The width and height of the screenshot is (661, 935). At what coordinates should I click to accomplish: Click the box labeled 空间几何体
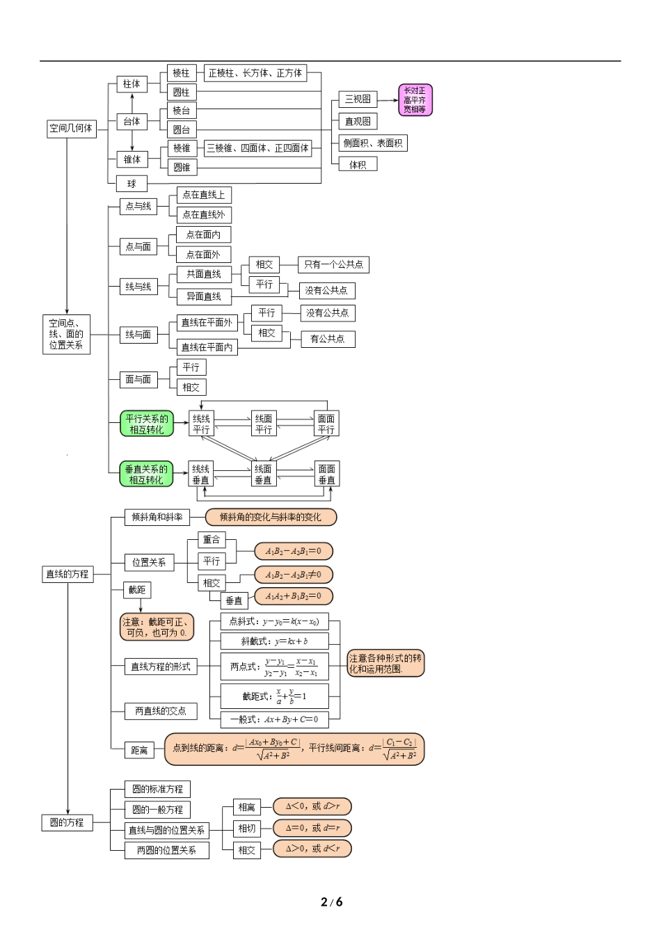pos(70,128)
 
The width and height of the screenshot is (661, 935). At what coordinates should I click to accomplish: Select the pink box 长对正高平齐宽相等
pos(415,100)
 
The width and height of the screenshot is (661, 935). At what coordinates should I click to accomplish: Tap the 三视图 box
pos(358,99)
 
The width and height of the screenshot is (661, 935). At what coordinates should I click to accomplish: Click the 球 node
pos(132,184)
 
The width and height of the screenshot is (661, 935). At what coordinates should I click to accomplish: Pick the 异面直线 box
pos(203,296)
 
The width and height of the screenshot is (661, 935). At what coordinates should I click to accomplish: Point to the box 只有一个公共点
pos(333,264)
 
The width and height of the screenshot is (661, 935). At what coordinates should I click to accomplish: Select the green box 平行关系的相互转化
pos(146,424)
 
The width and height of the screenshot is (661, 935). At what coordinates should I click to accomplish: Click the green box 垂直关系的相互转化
pos(146,474)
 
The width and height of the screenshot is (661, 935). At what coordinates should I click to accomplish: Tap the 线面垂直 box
pos(263,474)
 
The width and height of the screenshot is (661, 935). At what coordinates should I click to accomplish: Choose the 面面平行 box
pos(326,424)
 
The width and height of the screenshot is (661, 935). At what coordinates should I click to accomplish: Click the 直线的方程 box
pos(67,574)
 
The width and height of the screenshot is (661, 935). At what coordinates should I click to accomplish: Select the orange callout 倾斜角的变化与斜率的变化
pos(271,517)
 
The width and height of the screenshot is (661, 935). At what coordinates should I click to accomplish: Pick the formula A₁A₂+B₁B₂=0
pos(293,596)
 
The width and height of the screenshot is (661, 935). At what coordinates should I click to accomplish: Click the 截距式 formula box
pos(274,696)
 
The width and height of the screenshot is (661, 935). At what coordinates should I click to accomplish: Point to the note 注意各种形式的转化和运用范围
pos(385,664)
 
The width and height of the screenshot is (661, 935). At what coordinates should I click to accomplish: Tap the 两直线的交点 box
pos(160,711)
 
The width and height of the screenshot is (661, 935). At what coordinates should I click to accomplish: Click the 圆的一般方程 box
pos(157,810)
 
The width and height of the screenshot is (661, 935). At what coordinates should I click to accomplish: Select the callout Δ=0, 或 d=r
pos(312,828)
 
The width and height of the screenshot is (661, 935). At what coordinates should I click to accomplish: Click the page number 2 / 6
pos(331,902)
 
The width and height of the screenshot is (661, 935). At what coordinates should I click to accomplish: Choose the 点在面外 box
pos(203,255)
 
